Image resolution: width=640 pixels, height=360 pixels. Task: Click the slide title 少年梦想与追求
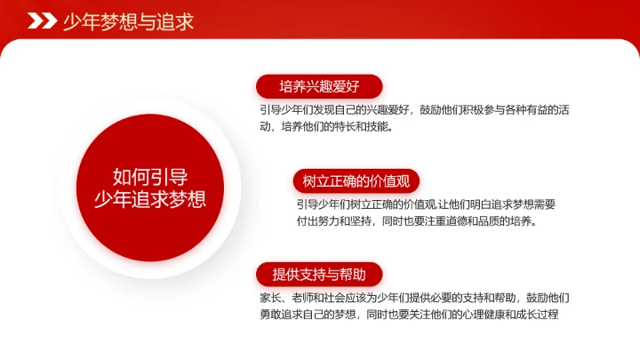[128, 21]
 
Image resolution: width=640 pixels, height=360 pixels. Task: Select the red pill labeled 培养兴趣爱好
[319, 86]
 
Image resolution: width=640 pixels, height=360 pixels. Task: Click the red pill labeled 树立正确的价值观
[356, 181]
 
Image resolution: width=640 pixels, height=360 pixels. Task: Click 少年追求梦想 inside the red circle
[149, 198]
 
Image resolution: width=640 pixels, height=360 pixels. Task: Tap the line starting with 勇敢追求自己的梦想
[409, 314]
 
